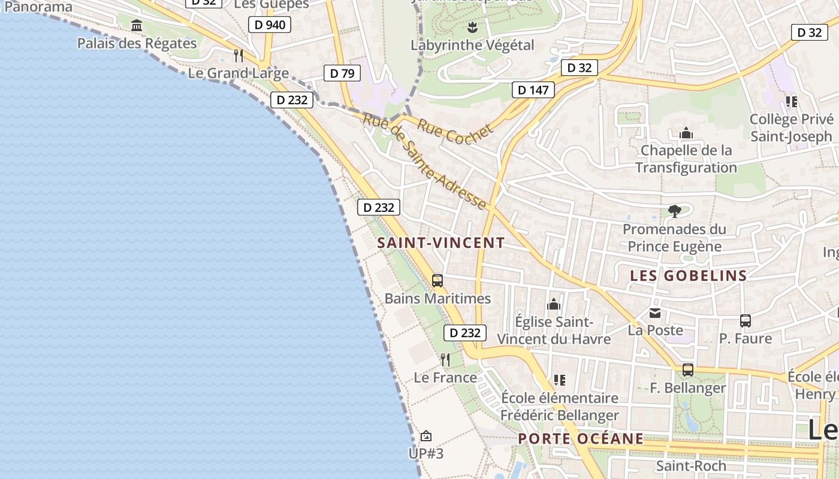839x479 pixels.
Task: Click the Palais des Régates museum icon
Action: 137,26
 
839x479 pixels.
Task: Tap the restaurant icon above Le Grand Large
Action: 239,56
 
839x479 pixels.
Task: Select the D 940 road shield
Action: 269,25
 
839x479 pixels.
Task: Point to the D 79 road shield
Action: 342,74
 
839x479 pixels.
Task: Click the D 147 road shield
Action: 533,90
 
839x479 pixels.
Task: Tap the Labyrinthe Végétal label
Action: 472,45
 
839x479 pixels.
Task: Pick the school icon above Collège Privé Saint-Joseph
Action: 791,102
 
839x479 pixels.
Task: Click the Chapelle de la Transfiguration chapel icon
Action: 686,133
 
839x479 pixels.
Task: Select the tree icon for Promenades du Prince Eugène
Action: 674,211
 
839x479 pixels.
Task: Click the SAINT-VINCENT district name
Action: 441,242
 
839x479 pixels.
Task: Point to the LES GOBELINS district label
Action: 689,275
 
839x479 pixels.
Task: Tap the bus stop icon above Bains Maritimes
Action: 437,280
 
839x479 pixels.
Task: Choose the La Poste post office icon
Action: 655,313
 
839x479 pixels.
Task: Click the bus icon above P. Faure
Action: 745,321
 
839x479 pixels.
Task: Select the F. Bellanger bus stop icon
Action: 688,370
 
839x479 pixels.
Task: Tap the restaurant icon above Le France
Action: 445,359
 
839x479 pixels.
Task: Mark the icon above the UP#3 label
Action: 425,436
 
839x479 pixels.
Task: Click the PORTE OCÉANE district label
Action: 581,439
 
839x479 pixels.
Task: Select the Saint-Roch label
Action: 691,465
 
